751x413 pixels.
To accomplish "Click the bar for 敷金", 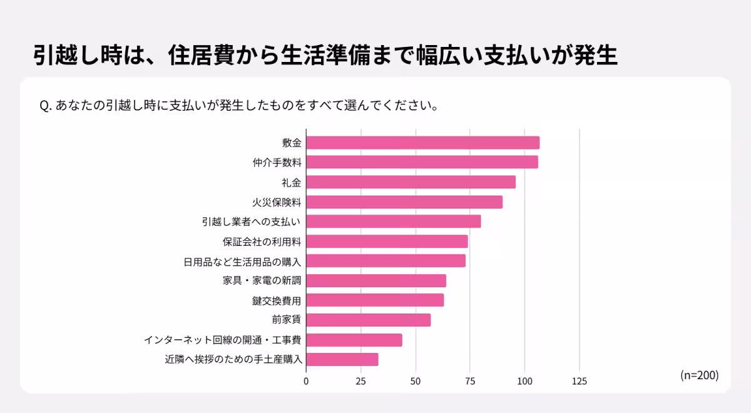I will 422,143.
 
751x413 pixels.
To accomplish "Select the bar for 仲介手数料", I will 422,162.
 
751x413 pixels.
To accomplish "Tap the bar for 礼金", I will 411,182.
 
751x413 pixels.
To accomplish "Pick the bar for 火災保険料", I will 404,202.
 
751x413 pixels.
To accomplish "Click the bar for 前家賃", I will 369,320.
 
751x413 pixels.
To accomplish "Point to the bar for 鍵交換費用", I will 375,300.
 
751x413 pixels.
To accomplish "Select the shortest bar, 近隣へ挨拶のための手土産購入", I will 342,359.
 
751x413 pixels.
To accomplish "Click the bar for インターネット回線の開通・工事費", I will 354,340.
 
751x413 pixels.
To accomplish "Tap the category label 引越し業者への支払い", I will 252,222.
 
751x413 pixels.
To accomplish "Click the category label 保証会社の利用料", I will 262,242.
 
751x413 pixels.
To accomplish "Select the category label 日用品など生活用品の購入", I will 243,261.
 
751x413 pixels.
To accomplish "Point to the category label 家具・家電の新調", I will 262,281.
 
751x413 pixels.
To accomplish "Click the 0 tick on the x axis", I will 306,381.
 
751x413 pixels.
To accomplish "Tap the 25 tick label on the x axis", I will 360,381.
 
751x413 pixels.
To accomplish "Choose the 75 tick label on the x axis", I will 470,381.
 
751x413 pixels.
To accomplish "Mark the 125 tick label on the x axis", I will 579,381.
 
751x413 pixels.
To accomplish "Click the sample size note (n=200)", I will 699,375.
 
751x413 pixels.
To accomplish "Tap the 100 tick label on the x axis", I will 524,381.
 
